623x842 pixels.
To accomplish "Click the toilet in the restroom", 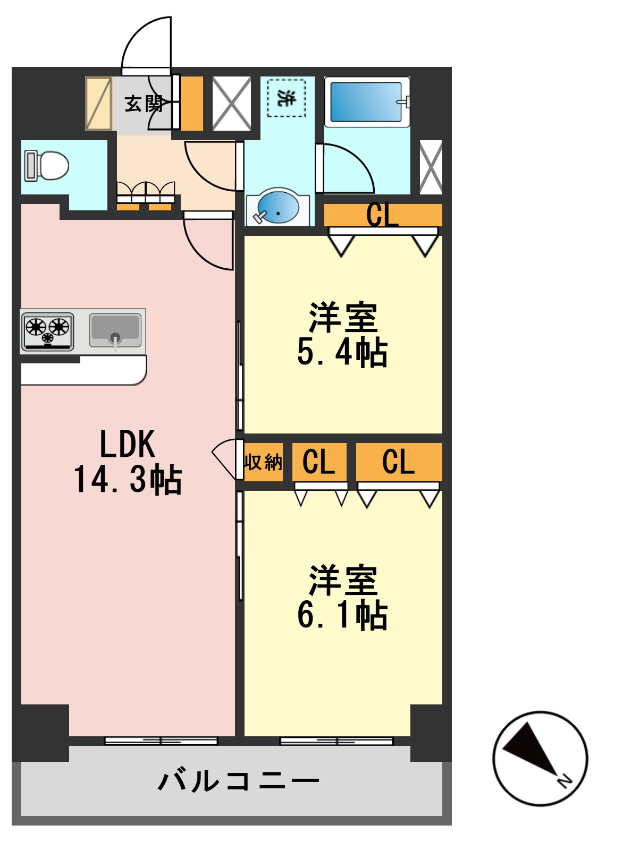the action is click(47, 166).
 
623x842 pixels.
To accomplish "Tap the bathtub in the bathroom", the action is click(367, 102).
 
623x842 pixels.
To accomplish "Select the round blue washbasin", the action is click(277, 207).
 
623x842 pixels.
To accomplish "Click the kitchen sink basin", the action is click(115, 329).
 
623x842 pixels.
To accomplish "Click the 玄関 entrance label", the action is click(144, 104).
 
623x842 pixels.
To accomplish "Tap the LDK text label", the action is click(128, 444).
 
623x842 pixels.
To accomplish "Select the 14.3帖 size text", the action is click(128, 480).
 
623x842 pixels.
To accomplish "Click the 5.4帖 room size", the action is click(342, 352).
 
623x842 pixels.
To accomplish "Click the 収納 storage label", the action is click(263, 462).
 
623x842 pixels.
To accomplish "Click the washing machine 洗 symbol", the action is click(287, 98).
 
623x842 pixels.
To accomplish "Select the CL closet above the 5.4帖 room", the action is click(383, 215).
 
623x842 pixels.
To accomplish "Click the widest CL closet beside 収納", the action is click(399, 462).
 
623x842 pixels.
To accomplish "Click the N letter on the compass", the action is click(565, 780).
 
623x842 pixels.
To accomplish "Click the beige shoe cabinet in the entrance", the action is click(98, 103).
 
